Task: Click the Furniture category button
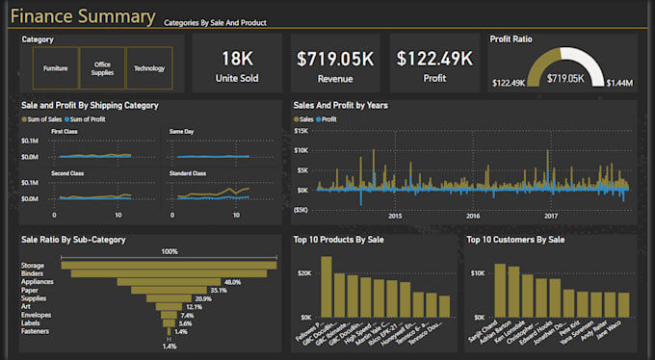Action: pos(56,68)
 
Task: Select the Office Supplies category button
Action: pos(102,68)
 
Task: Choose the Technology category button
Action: pos(149,68)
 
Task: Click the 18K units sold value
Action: pos(237,59)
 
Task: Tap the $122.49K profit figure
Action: pos(433,59)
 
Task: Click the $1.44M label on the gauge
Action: pos(619,84)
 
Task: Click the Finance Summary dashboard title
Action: pos(83,17)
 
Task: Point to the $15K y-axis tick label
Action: pos(301,130)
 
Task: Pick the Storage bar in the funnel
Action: pos(170,265)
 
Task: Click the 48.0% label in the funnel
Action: pos(232,282)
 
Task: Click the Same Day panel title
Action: pos(181,130)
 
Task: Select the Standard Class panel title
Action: pos(189,173)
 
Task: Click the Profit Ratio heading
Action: pos(511,39)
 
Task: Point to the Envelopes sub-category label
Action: pos(38,315)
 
